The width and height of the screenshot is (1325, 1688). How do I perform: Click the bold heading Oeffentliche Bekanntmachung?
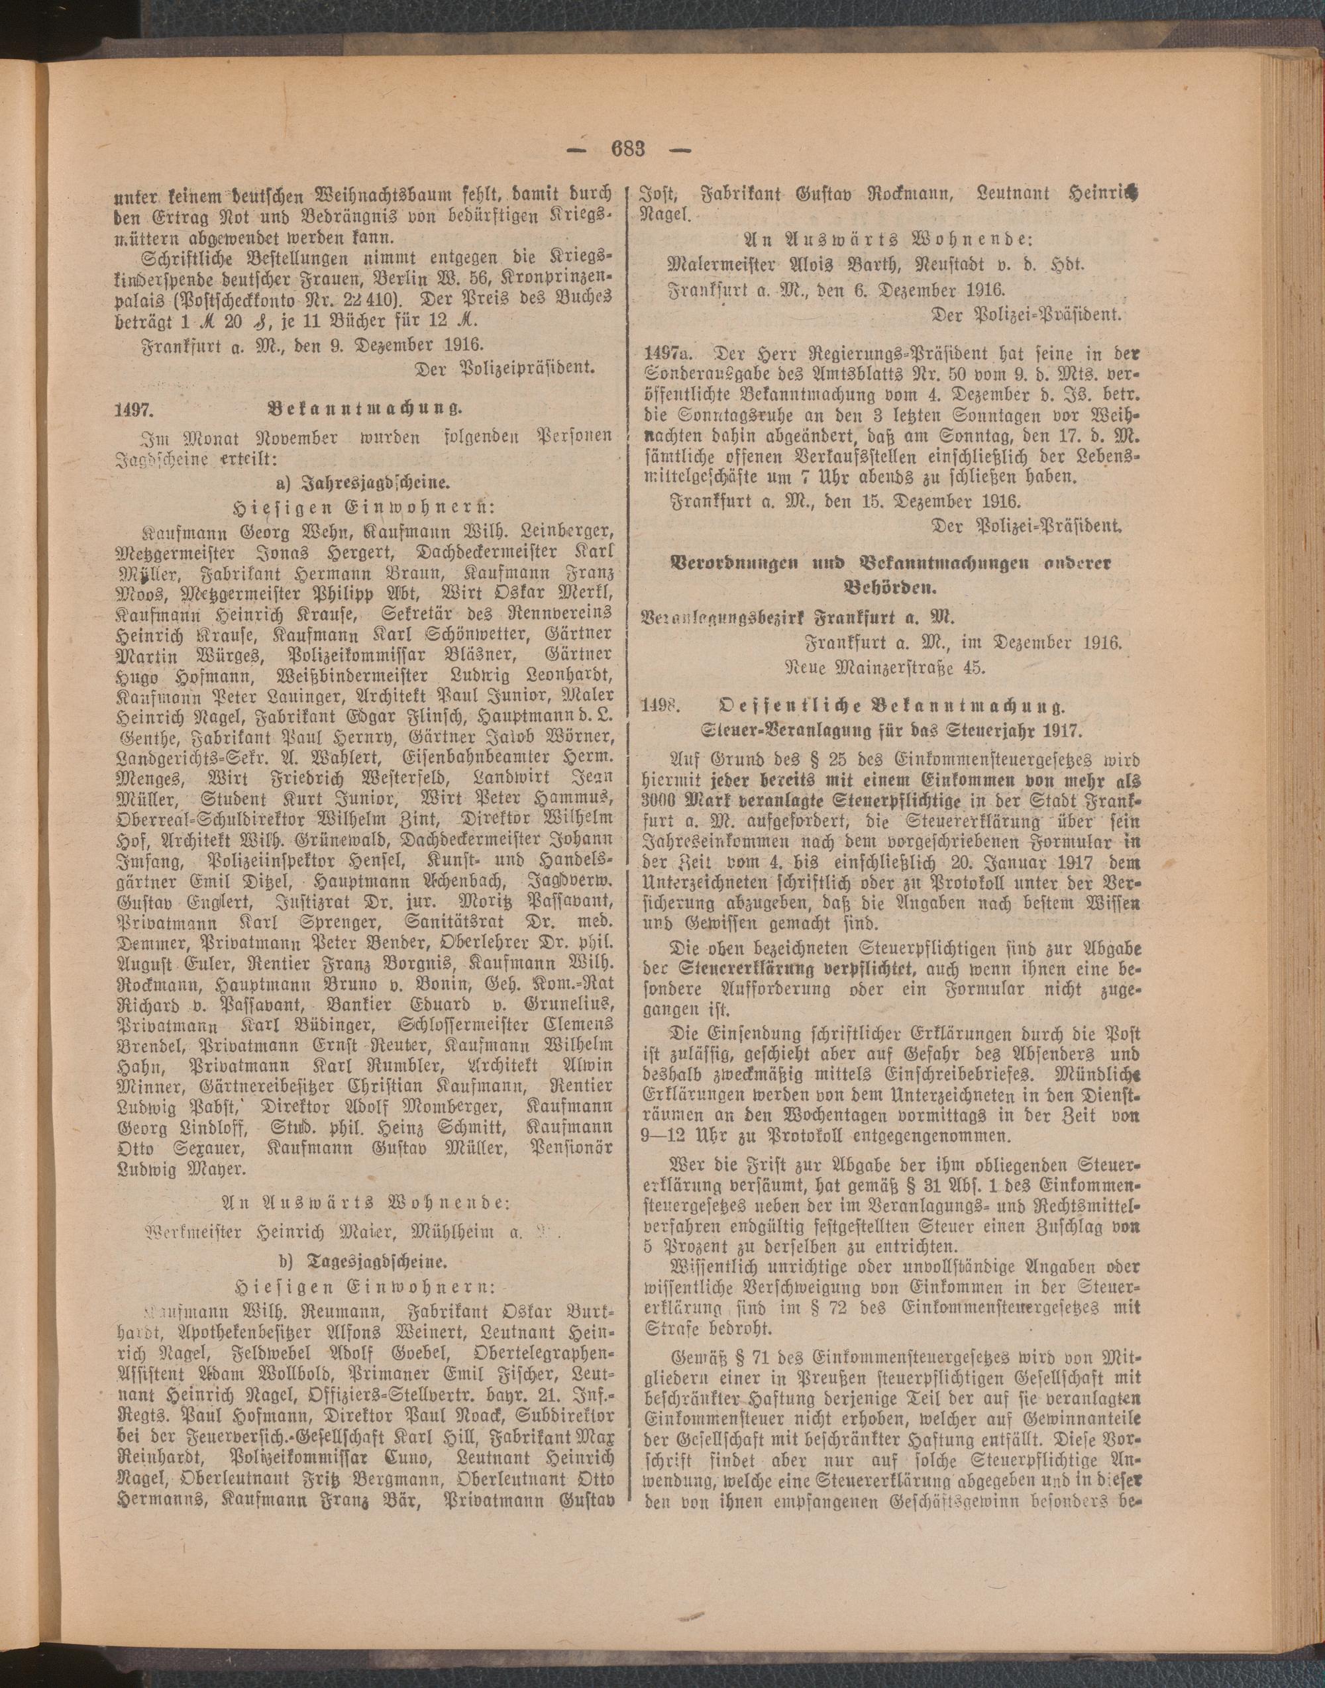891,707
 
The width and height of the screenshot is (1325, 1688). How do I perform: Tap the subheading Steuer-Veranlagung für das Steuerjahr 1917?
891,730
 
